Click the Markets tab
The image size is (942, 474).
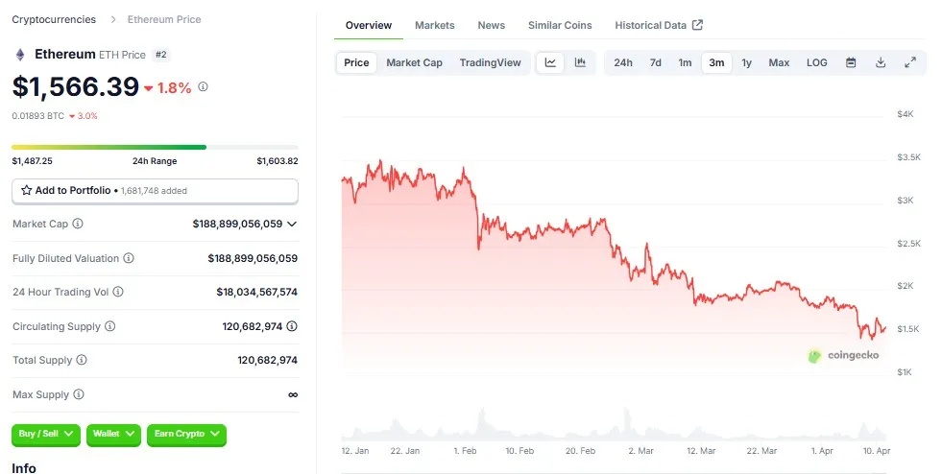tap(435, 25)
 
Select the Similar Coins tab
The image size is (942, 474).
tap(560, 25)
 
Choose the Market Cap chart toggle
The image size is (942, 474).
tap(414, 62)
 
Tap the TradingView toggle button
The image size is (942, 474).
tap(490, 62)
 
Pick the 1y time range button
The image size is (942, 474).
tap(746, 62)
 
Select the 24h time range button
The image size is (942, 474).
tap(623, 62)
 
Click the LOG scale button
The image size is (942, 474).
tap(816, 62)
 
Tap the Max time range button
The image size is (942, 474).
tap(779, 62)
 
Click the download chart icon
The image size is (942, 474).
tap(881, 62)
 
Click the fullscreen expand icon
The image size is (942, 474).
tap(910, 62)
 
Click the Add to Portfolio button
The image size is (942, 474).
tap(155, 191)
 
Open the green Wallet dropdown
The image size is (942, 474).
tap(113, 434)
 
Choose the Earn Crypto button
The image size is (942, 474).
tap(186, 434)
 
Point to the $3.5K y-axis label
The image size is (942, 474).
tap(907, 157)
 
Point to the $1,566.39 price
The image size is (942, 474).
tap(76, 86)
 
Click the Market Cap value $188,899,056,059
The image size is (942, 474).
tap(237, 224)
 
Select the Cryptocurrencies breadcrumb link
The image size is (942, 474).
tap(54, 19)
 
